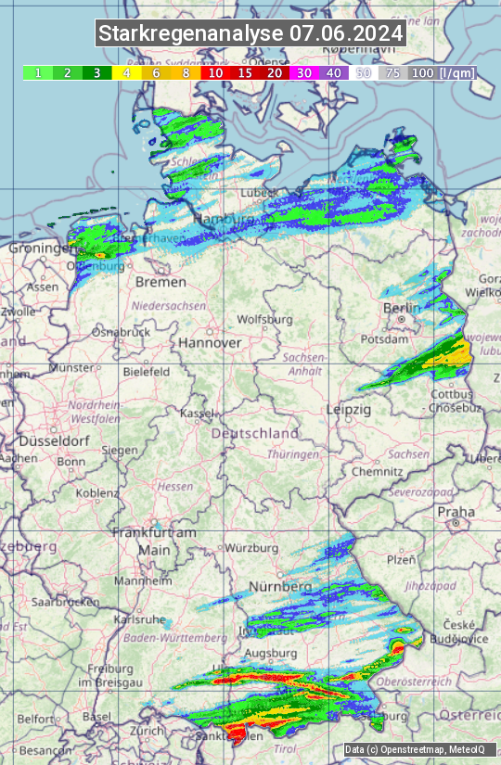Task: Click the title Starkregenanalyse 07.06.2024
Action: coord(250,33)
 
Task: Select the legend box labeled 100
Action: coord(422,72)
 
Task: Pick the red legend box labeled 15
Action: coord(245,72)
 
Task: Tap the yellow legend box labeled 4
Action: coord(126,72)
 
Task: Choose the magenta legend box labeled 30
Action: coord(304,72)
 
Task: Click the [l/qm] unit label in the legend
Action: coord(456,72)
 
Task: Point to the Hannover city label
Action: coord(210,342)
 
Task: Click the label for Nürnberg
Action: coord(279,587)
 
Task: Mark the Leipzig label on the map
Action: coord(349,409)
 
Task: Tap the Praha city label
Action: coord(456,512)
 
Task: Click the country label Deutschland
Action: coord(255,433)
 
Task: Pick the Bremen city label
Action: coord(155,281)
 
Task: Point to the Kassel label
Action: coord(198,412)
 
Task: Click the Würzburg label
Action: coord(251,547)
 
